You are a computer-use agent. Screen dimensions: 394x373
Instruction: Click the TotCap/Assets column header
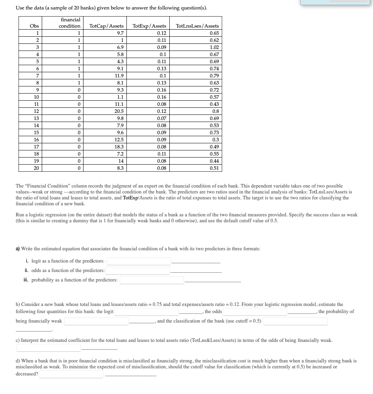(106, 26)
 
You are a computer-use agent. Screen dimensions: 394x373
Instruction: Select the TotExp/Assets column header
(149, 26)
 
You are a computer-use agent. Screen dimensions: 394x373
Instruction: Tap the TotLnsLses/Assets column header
(197, 26)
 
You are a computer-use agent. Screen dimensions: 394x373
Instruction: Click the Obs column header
(35, 26)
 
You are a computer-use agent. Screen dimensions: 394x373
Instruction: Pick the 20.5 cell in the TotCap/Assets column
(119, 111)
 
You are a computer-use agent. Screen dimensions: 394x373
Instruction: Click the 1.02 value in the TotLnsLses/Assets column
(214, 47)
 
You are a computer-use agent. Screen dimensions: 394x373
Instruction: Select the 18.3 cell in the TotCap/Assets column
(119, 147)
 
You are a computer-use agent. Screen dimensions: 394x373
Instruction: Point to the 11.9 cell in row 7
(119, 76)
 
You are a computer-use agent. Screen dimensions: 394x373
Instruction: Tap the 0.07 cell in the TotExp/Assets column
(161, 118)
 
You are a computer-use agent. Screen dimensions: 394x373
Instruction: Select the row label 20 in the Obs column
(36, 168)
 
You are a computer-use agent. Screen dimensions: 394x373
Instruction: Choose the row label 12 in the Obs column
(36, 111)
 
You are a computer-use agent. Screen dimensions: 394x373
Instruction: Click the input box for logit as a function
(139, 261)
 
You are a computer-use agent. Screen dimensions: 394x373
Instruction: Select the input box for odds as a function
(137, 271)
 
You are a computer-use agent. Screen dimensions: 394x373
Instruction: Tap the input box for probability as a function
(152, 280)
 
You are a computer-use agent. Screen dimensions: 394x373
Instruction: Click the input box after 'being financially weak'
(96, 321)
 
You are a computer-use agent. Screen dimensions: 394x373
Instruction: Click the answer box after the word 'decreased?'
(71, 374)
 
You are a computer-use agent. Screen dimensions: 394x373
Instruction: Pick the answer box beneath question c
(48, 348)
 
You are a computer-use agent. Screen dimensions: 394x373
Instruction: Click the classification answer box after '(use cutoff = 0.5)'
(295, 321)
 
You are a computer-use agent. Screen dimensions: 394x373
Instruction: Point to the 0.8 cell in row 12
(215, 111)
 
